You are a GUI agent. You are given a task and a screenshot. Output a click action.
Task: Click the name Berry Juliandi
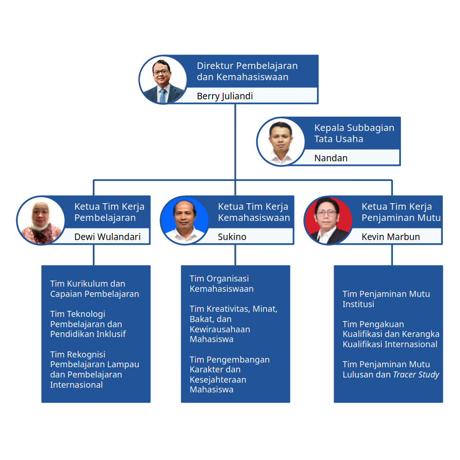coord(225,96)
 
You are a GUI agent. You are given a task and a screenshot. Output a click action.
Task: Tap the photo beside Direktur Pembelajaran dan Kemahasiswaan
coord(163,80)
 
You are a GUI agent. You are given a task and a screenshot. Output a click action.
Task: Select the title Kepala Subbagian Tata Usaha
coord(354,133)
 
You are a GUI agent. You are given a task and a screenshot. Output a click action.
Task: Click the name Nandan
coord(330,158)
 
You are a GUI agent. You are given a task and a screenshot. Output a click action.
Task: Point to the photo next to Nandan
coord(281,142)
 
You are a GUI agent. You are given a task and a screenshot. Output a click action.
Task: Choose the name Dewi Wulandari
coord(107,237)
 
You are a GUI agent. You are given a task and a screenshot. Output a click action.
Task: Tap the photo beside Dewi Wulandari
coord(41,220)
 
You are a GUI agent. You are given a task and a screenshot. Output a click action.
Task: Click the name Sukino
coord(232,237)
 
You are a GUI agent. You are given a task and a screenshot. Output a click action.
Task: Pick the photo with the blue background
coord(184,220)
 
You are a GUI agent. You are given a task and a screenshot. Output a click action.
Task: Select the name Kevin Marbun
coord(391,237)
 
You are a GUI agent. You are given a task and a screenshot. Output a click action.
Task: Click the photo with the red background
coord(328,220)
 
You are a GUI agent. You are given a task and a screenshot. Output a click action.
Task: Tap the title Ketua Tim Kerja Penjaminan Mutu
coord(401,212)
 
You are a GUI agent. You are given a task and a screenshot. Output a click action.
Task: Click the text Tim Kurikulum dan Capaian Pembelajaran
coord(94,288)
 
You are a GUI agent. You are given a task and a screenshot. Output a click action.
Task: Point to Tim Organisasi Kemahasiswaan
coord(221,283)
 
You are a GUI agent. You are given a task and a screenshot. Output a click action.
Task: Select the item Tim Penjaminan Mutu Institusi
coord(386,299)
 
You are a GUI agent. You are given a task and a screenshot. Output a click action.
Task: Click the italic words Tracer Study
coord(416,375)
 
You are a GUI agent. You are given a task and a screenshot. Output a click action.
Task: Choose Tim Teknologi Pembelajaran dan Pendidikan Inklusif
coord(88,324)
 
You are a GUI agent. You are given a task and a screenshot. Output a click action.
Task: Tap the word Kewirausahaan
coord(220,329)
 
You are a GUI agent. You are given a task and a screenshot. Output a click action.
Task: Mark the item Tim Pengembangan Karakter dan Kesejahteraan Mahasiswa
coord(229,374)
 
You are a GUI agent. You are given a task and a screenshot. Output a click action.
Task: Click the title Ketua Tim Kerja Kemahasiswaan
coord(254,212)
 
